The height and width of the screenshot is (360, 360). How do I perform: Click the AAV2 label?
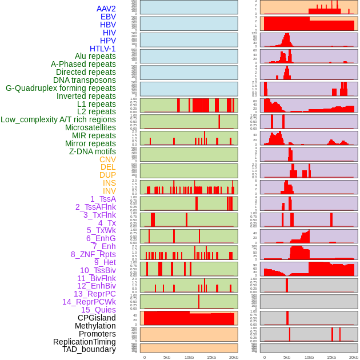point(106,9)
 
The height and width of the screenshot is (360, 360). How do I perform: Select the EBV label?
point(108,17)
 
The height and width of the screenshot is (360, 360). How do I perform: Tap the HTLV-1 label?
point(102,49)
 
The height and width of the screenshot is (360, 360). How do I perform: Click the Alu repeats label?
point(95,56)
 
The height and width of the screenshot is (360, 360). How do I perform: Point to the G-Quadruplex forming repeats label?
point(61,88)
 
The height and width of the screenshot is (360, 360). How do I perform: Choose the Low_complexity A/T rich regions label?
point(58,119)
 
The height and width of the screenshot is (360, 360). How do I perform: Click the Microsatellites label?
point(90,127)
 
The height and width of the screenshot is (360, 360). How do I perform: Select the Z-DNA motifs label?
point(92,151)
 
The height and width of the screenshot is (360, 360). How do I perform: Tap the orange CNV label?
point(107,159)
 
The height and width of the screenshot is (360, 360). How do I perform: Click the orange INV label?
point(109,191)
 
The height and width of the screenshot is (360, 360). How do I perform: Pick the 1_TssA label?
point(103,199)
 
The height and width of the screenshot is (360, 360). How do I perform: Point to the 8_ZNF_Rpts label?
point(93,254)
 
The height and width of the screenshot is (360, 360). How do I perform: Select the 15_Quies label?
point(98,310)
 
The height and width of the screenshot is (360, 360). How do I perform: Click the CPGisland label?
point(97,318)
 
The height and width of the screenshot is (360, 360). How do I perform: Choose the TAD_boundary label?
point(89,349)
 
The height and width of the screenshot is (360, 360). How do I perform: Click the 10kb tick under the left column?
point(189,357)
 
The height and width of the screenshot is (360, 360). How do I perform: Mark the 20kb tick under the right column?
point(354,357)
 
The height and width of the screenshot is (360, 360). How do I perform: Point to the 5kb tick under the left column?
point(167,357)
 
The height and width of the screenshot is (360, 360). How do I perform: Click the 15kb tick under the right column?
point(331,357)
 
